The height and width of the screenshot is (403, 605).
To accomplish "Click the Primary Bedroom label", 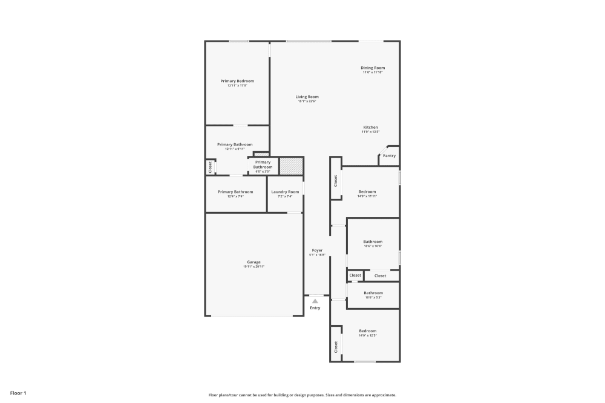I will [237, 81].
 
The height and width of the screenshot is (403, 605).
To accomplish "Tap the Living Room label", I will [307, 97].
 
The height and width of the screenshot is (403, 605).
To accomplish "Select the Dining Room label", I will [373, 68].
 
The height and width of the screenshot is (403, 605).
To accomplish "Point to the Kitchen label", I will [370, 127].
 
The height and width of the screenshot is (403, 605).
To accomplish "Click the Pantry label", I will [389, 156].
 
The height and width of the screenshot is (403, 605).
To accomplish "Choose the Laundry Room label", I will [285, 192].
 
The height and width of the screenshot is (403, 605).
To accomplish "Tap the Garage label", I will [253, 262].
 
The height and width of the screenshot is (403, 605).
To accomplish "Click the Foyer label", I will [317, 250].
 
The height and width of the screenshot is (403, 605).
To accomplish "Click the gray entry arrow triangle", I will [315, 301].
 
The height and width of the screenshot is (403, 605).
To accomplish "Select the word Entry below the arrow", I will [315, 308].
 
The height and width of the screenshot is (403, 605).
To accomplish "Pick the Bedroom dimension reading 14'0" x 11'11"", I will [367, 196].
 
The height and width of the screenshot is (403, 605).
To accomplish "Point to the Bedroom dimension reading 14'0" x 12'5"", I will [367, 335].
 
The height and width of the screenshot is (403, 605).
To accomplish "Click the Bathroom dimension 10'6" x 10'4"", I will [373, 246].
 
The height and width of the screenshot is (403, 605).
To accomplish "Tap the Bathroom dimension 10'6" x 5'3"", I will [373, 297].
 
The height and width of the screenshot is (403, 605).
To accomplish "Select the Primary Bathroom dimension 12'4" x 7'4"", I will [235, 196].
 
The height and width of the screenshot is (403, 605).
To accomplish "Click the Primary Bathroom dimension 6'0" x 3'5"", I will [263, 171].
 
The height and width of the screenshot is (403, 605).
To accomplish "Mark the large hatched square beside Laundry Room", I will [290, 166].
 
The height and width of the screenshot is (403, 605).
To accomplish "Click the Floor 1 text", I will [18, 393].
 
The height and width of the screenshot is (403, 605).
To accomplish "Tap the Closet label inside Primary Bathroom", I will [210, 167].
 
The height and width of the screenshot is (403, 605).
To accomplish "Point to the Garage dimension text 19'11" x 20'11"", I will [253, 266].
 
